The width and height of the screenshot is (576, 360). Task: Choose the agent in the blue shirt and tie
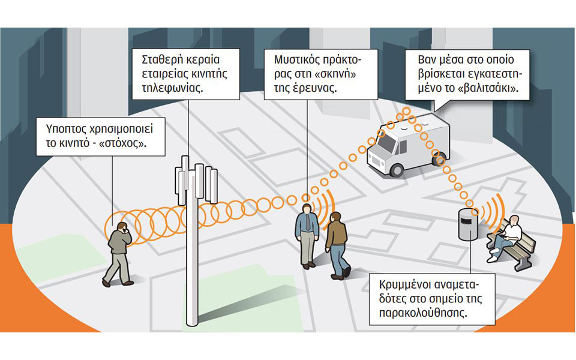(x=306, y=234)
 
